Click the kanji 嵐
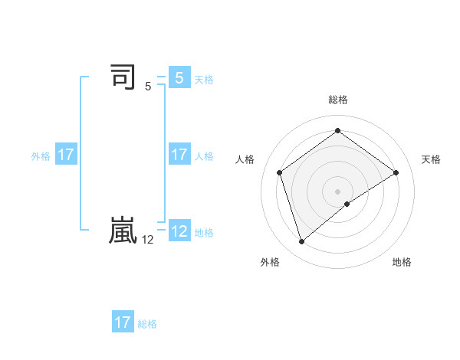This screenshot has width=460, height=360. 123,231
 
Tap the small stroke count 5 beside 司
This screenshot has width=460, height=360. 148,87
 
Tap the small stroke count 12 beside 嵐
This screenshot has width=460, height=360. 148,240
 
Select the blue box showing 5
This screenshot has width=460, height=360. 179,77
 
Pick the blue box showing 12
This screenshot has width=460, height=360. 179,231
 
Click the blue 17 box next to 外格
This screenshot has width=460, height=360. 66,154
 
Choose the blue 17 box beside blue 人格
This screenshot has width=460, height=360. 179,154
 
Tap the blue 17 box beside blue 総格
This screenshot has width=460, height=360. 123,322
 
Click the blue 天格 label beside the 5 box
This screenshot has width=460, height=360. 204,80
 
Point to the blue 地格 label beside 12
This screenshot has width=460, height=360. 204,233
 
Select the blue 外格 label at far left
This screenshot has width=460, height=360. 41,156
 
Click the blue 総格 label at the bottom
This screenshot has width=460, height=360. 147,324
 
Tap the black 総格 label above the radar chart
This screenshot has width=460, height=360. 337,100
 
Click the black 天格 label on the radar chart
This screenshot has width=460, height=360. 431,159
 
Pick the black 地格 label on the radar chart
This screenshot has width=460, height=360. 402,262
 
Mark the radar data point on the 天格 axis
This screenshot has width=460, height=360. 396,172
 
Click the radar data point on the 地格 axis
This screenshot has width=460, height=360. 347,204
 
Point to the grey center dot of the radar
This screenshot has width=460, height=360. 337,191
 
